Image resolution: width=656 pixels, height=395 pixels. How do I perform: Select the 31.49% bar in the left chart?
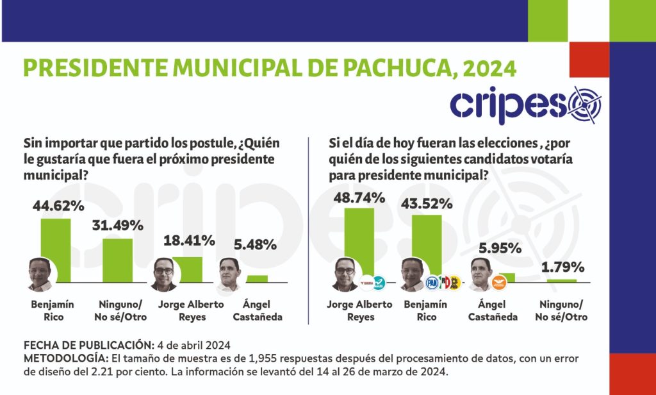click(x=118, y=260)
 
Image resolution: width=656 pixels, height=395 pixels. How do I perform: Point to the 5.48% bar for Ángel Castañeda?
click(x=257, y=278)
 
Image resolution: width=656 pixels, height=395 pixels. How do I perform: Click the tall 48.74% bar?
click(x=359, y=244)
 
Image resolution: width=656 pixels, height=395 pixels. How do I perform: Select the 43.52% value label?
click(x=427, y=204)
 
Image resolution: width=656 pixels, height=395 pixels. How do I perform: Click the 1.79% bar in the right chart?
click(x=562, y=280)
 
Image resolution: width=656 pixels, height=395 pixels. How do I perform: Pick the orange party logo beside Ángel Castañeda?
click(x=495, y=282)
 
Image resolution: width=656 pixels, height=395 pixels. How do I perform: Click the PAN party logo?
click(x=431, y=282)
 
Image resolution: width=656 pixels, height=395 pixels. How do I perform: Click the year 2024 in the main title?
click(x=488, y=68)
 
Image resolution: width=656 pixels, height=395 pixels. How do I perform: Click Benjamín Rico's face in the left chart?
click(x=40, y=275)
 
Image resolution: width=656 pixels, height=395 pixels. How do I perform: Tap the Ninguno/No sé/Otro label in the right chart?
click(x=562, y=311)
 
